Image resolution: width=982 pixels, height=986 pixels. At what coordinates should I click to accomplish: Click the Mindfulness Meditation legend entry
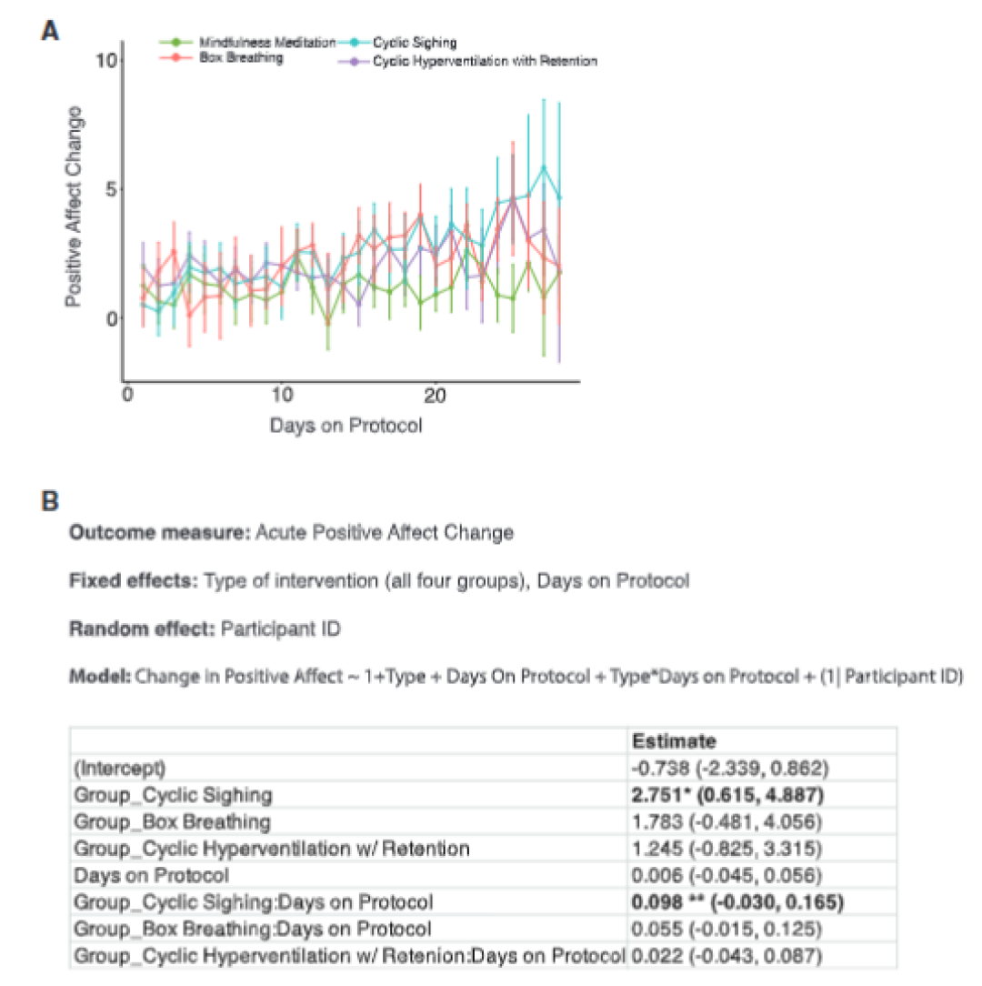tap(247, 42)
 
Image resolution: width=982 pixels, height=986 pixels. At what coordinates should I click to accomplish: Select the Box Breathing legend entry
tap(221, 58)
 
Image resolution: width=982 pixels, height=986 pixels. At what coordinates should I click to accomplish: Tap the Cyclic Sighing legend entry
tap(397, 43)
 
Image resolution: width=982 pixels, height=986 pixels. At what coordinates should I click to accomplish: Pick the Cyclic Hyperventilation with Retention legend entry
tap(467, 61)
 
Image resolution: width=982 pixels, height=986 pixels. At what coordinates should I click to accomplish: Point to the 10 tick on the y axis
tap(106, 61)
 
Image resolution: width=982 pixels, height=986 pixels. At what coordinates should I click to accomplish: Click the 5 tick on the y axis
tap(112, 189)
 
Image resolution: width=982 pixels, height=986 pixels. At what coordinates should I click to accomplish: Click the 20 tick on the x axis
tap(435, 396)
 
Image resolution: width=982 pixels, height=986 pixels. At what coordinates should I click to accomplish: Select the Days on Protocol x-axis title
tap(346, 426)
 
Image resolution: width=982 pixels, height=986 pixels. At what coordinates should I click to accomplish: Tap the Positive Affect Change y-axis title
tap(74, 206)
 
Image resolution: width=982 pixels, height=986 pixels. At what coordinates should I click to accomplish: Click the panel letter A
tap(50, 30)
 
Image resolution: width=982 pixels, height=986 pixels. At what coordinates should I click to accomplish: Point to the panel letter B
tap(50, 501)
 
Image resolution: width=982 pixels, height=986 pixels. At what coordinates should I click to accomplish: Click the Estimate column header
tap(674, 741)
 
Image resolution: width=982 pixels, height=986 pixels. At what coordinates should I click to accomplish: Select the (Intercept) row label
tap(119, 769)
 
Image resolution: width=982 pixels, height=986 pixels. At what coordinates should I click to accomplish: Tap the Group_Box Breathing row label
tap(172, 822)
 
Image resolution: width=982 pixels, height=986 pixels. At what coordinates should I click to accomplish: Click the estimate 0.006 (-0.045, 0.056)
tap(726, 875)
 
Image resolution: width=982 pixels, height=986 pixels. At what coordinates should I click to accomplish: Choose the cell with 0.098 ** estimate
tap(737, 902)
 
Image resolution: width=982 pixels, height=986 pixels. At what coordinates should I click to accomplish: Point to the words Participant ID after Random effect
tap(280, 629)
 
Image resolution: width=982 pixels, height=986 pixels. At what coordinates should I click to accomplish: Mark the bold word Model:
tap(100, 677)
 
